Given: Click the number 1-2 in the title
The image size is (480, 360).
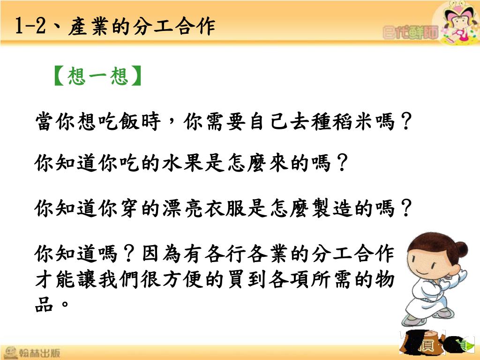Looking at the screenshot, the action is [x=30, y=25].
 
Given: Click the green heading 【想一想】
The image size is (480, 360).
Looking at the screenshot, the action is [x=98, y=75].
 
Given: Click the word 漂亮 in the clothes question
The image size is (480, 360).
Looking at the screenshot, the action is [x=184, y=209].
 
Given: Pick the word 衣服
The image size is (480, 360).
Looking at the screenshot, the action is [x=226, y=209].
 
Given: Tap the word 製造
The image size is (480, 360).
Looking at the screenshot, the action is [x=332, y=209].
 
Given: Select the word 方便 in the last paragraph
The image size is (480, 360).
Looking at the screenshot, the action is [x=184, y=279].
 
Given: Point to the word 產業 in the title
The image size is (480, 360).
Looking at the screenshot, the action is [x=89, y=26].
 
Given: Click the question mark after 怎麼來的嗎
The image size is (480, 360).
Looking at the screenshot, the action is [x=342, y=163].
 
